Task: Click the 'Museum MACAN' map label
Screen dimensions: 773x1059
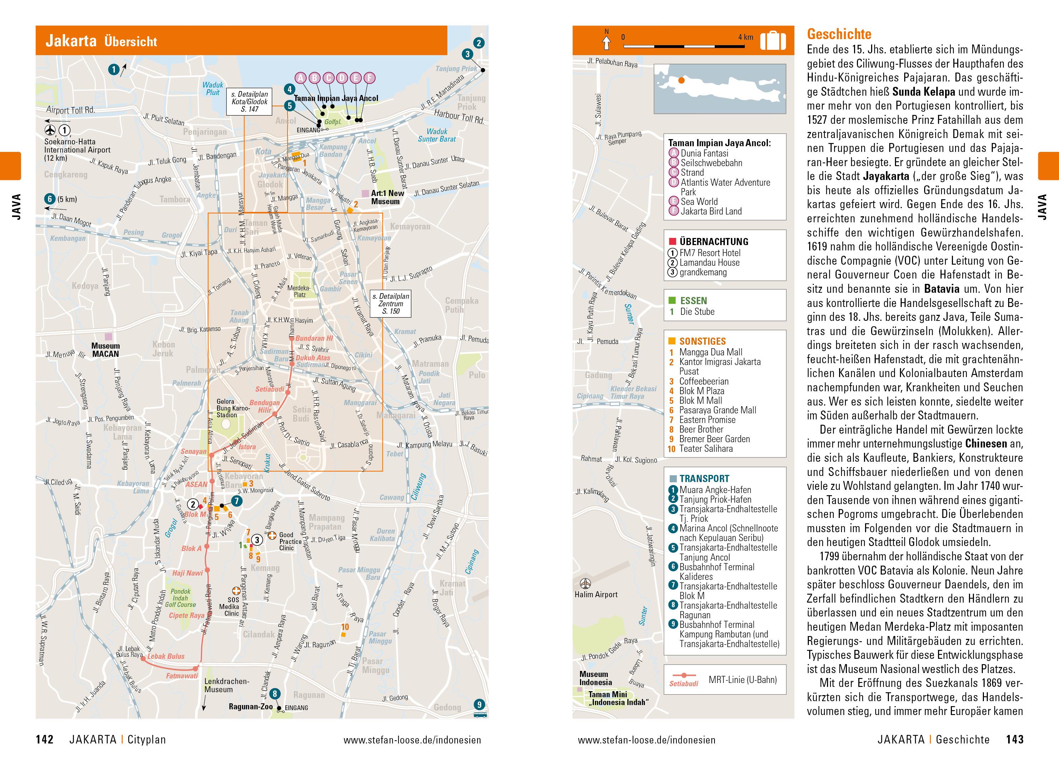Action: coord(105,350)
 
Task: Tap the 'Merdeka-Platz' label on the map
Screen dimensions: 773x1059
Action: coord(299,291)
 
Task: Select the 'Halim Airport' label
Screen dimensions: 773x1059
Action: coord(596,594)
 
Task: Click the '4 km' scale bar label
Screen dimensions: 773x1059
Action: coord(745,37)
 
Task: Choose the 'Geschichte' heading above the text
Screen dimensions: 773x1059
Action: coord(839,34)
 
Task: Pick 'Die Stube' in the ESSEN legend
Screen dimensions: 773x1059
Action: coord(697,312)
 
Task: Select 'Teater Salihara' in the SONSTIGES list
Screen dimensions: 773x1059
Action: coord(706,449)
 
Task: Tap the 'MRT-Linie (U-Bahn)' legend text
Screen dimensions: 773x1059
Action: coord(742,680)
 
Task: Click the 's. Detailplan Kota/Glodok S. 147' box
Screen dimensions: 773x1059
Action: coord(249,101)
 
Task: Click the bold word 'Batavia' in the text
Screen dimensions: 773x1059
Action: coord(942,289)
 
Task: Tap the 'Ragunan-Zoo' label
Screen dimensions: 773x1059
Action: coord(251,706)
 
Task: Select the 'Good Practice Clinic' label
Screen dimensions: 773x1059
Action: coord(290,541)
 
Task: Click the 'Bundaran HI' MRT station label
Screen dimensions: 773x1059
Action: coord(314,338)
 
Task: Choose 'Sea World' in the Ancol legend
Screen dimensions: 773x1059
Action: coord(699,202)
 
